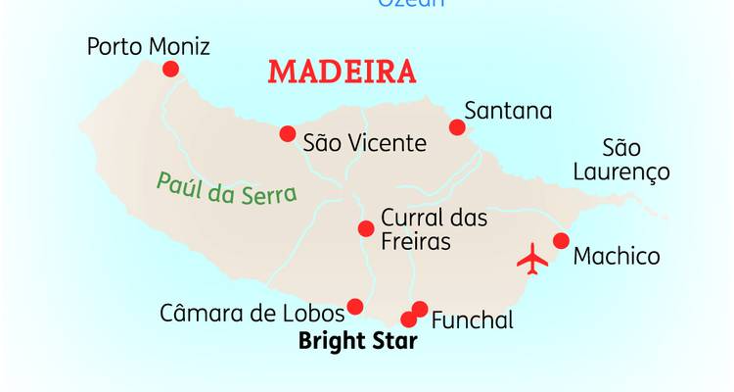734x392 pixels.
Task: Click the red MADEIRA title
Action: tap(341, 73)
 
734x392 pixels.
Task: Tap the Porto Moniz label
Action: tap(148, 46)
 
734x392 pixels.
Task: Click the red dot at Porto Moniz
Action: tap(170, 69)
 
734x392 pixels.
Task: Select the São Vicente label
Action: tap(364, 143)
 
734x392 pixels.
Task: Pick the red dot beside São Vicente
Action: tap(287, 133)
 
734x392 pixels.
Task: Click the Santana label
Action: tap(508, 110)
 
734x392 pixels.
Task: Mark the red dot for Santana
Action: tap(457, 127)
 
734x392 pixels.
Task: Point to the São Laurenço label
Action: tap(635, 161)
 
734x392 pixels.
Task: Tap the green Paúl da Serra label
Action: tap(226, 186)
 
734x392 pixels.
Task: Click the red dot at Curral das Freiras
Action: tap(365, 228)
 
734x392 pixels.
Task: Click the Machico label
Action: tap(616, 257)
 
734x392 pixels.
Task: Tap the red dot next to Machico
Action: tap(561, 241)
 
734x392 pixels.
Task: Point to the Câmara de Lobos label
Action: tap(252, 314)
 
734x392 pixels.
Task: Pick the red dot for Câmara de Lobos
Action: tap(355, 307)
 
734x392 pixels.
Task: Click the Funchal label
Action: tap(472, 319)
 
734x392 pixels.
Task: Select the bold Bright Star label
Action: tap(356, 343)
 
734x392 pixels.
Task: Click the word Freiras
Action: tap(415, 241)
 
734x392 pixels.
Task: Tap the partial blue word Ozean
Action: tap(411, 3)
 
